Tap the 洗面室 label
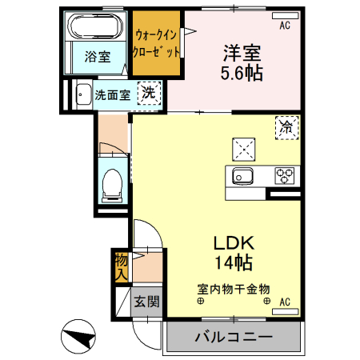tap(111, 94)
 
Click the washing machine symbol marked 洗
tap(148, 94)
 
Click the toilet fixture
tap(113, 184)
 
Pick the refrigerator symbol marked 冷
tap(286, 126)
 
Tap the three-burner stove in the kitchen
tap(285, 174)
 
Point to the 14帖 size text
tap(233, 262)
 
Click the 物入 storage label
tap(120, 266)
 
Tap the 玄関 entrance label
tap(146, 302)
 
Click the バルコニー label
tap(233, 337)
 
